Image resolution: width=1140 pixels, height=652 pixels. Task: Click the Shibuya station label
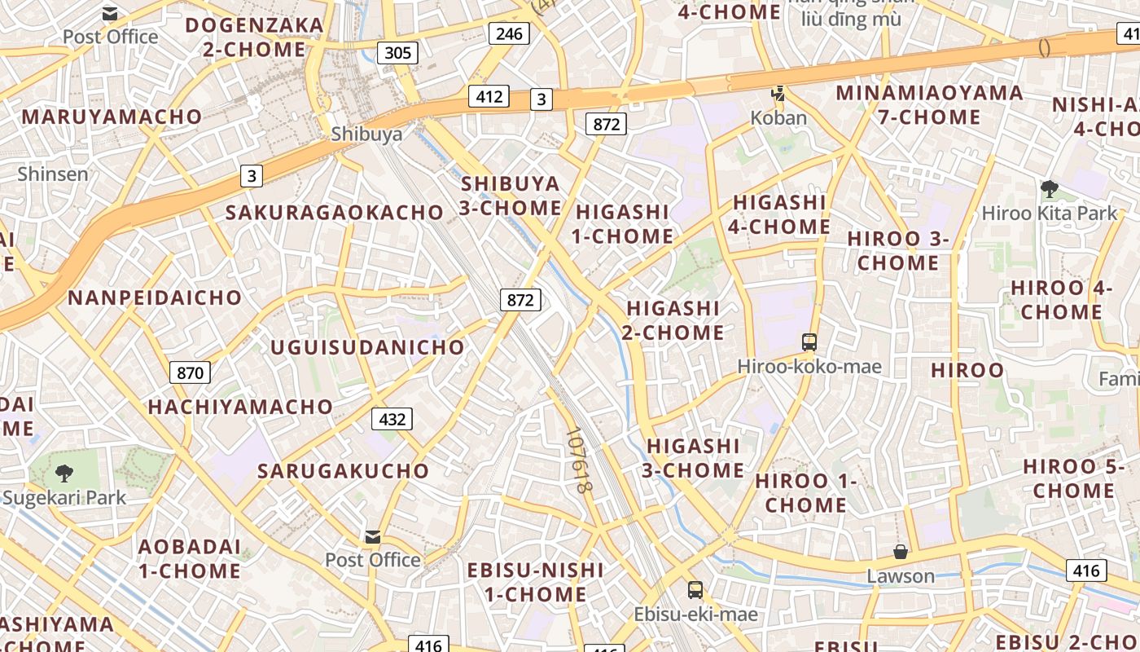(x=366, y=134)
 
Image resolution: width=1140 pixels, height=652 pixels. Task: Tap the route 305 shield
(x=397, y=53)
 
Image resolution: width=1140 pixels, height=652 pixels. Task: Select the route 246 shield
(x=510, y=33)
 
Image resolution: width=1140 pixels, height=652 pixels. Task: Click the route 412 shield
(x=489, y=96)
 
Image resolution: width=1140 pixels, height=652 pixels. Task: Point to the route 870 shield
(x=190, y=373)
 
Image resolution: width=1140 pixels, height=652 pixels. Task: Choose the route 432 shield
(x=392, y=419)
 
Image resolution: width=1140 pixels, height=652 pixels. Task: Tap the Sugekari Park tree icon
(x=64, y=473)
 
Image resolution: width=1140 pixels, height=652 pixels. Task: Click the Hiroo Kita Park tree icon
(x=1049, y=189)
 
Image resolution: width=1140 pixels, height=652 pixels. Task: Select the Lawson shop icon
(x=901, y=552)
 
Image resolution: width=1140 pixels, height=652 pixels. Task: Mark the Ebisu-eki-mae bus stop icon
(x=695, y=590)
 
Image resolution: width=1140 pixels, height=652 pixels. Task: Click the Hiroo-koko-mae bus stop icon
(x=809, y=342)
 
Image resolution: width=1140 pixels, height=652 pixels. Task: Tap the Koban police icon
(x=778, y=94)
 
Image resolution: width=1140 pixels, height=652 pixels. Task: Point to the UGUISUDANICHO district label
(x=367, y=348)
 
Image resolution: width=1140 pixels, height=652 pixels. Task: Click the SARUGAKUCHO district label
(x=343, y=471)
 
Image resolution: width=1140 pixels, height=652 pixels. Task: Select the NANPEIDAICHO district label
(x=155, y=297)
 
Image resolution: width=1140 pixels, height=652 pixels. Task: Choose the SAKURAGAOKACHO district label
(x=335, y=213)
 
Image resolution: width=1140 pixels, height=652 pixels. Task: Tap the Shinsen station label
(x=53, y=174)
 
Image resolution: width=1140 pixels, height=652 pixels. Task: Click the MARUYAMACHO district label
(x=112, y=117)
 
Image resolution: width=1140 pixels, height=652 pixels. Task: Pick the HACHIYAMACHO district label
(x=240, y=407)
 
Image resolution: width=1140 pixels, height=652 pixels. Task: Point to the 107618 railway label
(x=577, y=460)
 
